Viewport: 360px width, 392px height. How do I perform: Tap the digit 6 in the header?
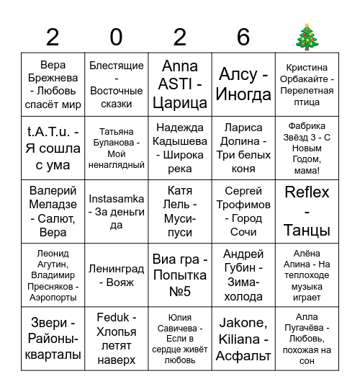click(243, 37)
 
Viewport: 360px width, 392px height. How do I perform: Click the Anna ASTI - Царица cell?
click(180, 85)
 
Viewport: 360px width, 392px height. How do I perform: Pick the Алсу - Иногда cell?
click(243, 85)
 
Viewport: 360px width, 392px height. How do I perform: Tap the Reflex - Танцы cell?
click(307, 212)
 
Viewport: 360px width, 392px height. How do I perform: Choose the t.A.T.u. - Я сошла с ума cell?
click(53, 148)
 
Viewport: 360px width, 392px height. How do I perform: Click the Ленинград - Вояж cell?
click(117, 275)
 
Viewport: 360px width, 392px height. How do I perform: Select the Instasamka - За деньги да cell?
click(117, 212)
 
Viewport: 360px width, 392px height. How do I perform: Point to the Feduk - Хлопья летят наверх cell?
click(117, 339)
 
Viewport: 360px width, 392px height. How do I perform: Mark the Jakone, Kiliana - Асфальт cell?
click(243, 339)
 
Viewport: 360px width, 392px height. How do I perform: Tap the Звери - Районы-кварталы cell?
click(53, 339)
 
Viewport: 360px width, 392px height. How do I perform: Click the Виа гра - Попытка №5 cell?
click(180, 275)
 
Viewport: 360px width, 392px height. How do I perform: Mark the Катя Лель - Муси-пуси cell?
click(180, 212)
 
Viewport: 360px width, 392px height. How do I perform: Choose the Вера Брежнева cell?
click(53, 85)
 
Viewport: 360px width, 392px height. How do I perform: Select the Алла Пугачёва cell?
click(307, 339)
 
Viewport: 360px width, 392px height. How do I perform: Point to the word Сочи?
click(243, 232)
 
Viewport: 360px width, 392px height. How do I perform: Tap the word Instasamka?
click(117, 199)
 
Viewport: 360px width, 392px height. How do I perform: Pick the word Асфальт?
click(243, 355)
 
